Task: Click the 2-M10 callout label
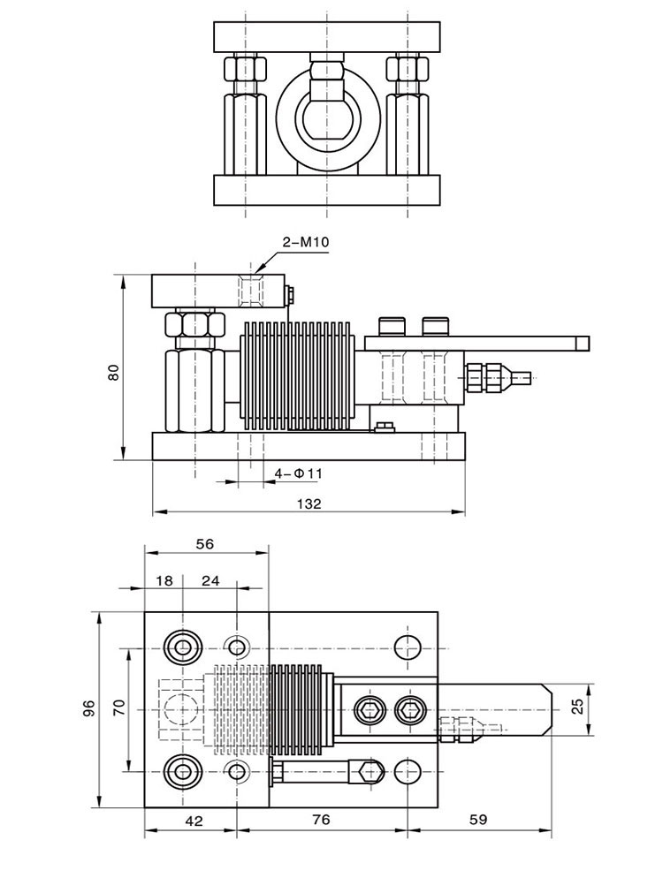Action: (305, 242)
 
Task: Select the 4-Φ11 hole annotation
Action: (298, 473)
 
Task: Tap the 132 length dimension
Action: (309, 504)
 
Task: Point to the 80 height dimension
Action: (114, 373)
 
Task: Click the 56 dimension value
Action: (205, 544)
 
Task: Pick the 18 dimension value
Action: (164, 580)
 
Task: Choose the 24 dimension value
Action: (210, 580)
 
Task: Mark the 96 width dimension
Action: (89, 708)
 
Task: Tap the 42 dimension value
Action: (194, 821)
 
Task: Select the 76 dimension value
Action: (321, 820)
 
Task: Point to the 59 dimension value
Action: (478, 820)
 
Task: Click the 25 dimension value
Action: (578, 706)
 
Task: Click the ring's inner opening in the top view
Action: (327, 117)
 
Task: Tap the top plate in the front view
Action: (327, 37)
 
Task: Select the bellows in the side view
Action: (295, 377)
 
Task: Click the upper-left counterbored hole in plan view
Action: (182, 647)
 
